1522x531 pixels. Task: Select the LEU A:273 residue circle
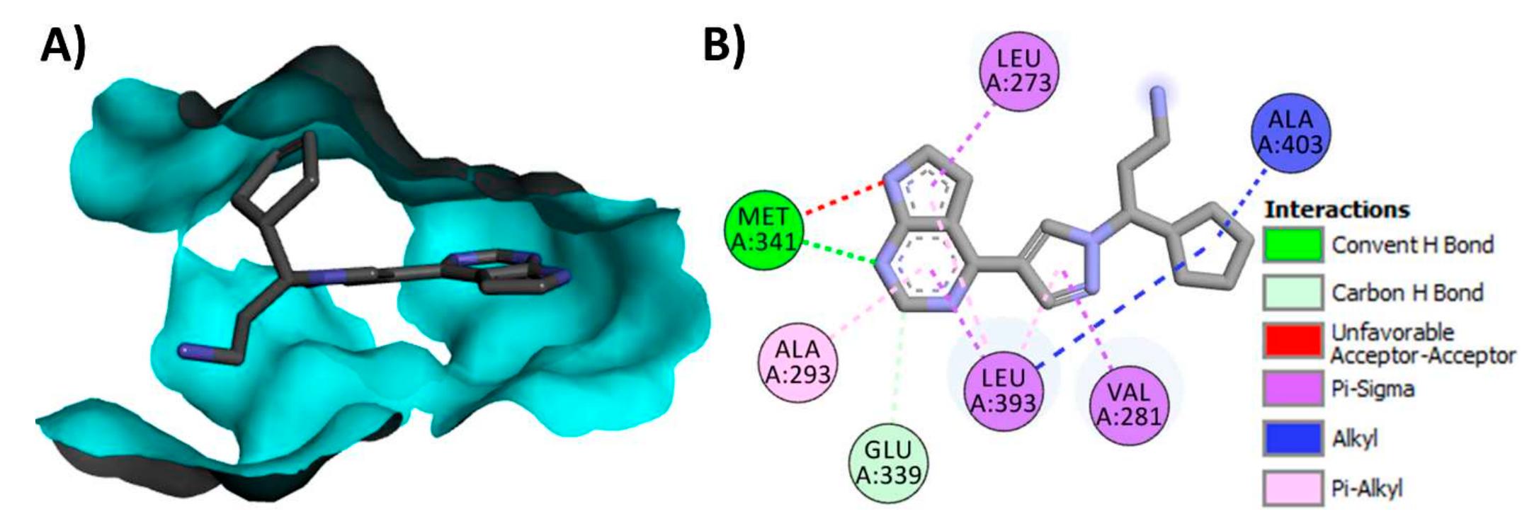pos(1018,71)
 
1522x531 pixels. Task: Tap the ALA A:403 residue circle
pos(1290,132)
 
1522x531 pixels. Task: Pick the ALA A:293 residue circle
pos(797,361)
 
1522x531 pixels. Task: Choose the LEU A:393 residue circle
pos(1004,391)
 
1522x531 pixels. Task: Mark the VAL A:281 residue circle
pos(1129,404)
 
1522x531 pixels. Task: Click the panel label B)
pos(724,48)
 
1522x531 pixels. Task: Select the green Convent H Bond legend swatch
pos(1293,245)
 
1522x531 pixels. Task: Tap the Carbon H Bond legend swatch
pos(1293,292)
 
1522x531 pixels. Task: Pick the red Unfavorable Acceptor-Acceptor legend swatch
pos(1293,341)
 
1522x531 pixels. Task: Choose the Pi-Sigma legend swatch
pos(1293,389)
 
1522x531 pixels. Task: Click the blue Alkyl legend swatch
pos(1293,438)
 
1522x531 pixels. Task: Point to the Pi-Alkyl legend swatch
pos(1293,488)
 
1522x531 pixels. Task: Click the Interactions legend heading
pos(1336,210)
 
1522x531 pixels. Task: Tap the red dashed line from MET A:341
pos(843,198)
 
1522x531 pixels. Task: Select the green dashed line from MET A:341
pos(839,253)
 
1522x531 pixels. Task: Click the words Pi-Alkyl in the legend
pos(1366,489)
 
